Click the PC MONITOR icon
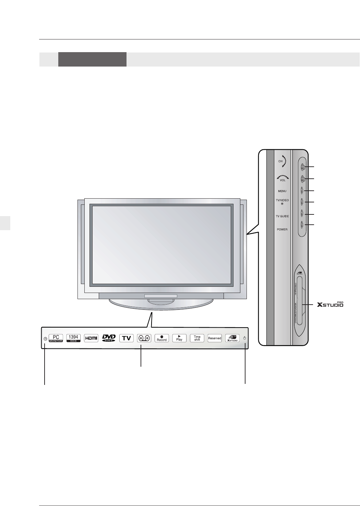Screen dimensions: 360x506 tap(56, 338)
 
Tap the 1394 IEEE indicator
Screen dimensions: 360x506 tap(73, 338)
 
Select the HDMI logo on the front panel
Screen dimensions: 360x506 tap(91, 338)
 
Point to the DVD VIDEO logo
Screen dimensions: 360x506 tap(109, 338)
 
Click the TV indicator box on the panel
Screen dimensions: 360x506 tap(127, 338)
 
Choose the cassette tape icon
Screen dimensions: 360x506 tap(144, 338)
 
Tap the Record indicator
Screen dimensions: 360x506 tap(162, 338)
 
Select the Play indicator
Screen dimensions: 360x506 tap(179, 338)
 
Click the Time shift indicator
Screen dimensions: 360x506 tap(197, 338)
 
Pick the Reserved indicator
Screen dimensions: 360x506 tap(215, 338)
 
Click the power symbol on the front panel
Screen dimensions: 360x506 tap(244, 338)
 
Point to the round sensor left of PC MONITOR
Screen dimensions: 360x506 tap(45, 339)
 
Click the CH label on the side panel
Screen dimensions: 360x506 tap(280, 161)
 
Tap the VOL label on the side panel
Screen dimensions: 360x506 tap(283, 180)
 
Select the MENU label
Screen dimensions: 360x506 tap(282, 191)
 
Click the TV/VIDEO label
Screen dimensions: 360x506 tap(282, 200)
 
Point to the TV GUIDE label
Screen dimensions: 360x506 tap(282, 216)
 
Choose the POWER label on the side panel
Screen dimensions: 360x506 tap(282, 229)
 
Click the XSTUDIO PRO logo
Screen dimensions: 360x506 tap(330, 304)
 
